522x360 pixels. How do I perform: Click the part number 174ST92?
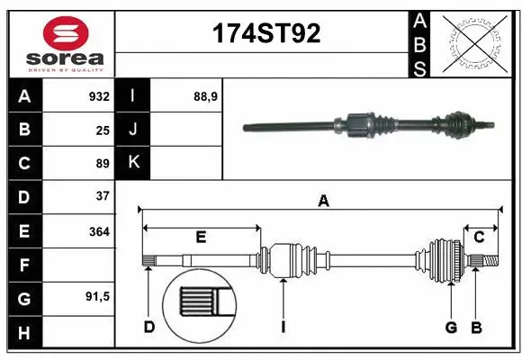click(265, 35)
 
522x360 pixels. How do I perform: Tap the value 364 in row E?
click(99, 231)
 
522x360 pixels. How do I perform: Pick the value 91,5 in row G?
click(96, 296)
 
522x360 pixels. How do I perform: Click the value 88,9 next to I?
click(206, 96)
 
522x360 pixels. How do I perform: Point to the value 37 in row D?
click(103, 195)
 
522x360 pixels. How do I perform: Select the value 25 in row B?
click(103, 130)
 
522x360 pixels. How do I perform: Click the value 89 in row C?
click(103, 164)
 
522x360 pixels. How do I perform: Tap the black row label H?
click(24, 333)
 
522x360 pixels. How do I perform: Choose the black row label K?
click(133, 163)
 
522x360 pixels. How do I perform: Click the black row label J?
click(133, 130)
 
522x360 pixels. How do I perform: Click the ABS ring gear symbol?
click(476, 43)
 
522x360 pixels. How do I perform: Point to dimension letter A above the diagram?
click(323, 202)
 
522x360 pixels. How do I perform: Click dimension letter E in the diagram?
click(201, 238)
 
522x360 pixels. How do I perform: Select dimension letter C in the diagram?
click(480, 238)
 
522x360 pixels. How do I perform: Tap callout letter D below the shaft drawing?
click(149, 328)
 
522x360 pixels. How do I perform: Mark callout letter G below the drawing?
click(451, 328)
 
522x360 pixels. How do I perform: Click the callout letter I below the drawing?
click(283, 328)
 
